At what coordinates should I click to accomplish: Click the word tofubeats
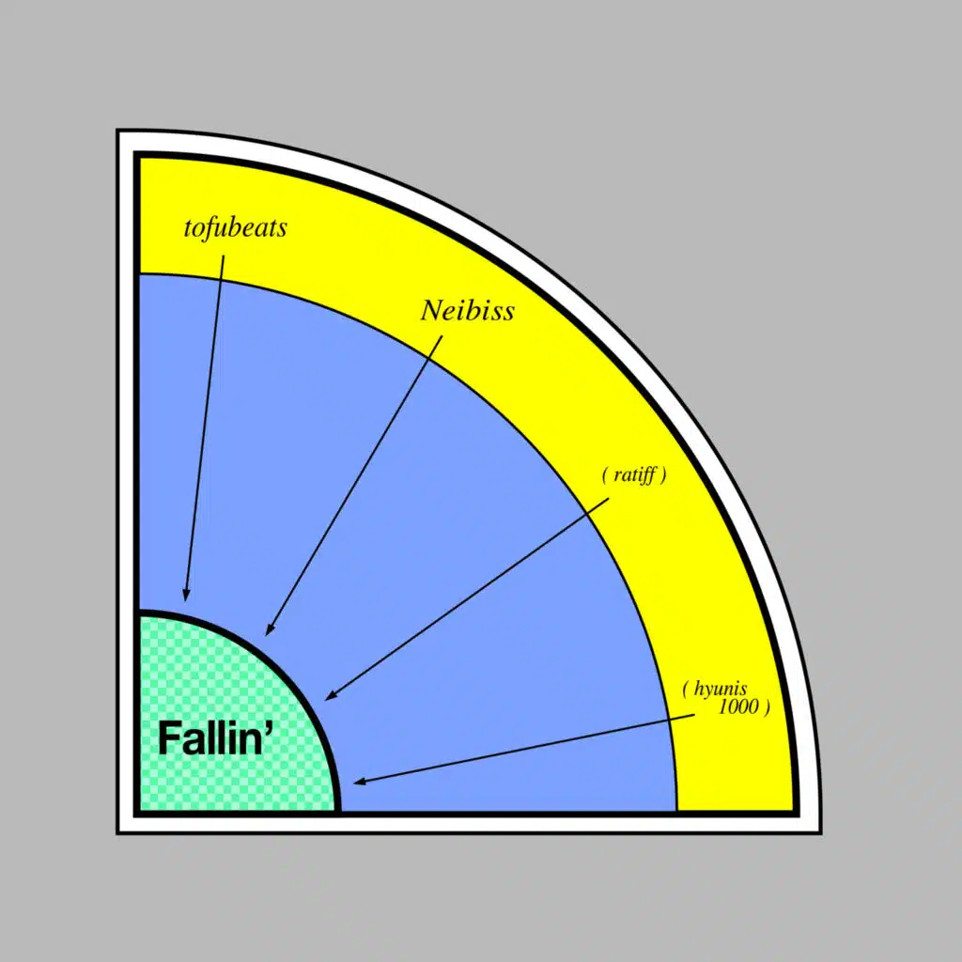(x=235, y=228)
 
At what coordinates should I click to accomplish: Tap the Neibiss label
(x=467, y=311)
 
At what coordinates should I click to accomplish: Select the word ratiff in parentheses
(x=635, y=475)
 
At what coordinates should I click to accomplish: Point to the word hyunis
(x=721, y=690)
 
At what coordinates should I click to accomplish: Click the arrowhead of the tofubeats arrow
(x=186, y=594)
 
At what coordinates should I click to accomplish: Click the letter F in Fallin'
(x=169, y=738)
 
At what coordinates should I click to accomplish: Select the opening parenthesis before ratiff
(x=604, y=475)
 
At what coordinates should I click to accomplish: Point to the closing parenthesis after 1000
(x=767, y=707)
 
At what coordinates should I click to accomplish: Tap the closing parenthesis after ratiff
(x=663, y=475)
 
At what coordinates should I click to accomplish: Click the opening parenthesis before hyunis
(x=686, y=690)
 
